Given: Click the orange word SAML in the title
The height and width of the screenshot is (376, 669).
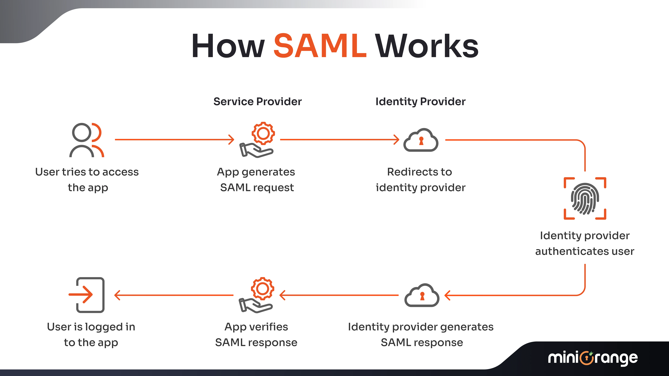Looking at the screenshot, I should [320, 46].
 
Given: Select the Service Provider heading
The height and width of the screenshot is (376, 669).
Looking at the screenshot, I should [257, 101].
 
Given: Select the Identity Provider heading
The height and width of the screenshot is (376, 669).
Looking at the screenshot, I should [420, 101].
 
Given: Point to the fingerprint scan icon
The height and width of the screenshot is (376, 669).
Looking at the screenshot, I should [585, 199].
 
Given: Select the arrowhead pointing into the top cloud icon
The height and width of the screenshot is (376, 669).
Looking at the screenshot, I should [397, 140].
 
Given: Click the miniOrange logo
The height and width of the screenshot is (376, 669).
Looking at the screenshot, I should [593, 358].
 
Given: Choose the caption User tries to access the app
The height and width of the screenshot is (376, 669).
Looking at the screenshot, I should [87, 180].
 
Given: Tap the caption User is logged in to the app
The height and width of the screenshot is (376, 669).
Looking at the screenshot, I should [91, 334].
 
